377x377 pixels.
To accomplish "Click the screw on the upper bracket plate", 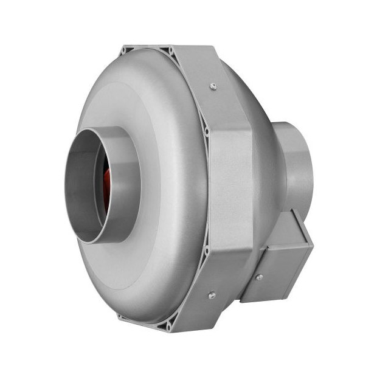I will pos(213,86).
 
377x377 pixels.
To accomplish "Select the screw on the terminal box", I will pos(260,277).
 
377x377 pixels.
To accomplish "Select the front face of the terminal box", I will pos(274,274).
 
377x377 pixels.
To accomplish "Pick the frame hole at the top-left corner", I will pos(126,49).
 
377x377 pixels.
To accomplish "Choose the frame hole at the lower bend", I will pos(206,249).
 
